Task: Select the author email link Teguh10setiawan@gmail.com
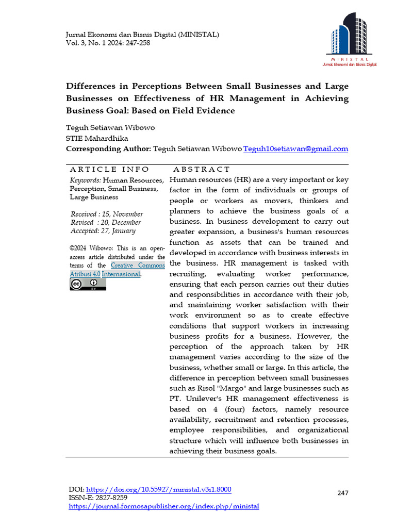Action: (295, 149)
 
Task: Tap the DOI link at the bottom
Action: (159, 489)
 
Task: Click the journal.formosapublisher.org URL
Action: (164, 506)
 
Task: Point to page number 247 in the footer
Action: (343, 493)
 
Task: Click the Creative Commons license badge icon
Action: (88, 285)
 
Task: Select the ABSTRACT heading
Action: (202, 169)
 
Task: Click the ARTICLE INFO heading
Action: (109, 169)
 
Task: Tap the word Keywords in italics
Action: (85, 180)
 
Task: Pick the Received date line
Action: (107, 214)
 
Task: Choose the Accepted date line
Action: (103, 231)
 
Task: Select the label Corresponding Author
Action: (108, 149)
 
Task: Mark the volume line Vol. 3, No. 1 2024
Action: (108, 43)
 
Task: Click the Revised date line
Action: (106, 223)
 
